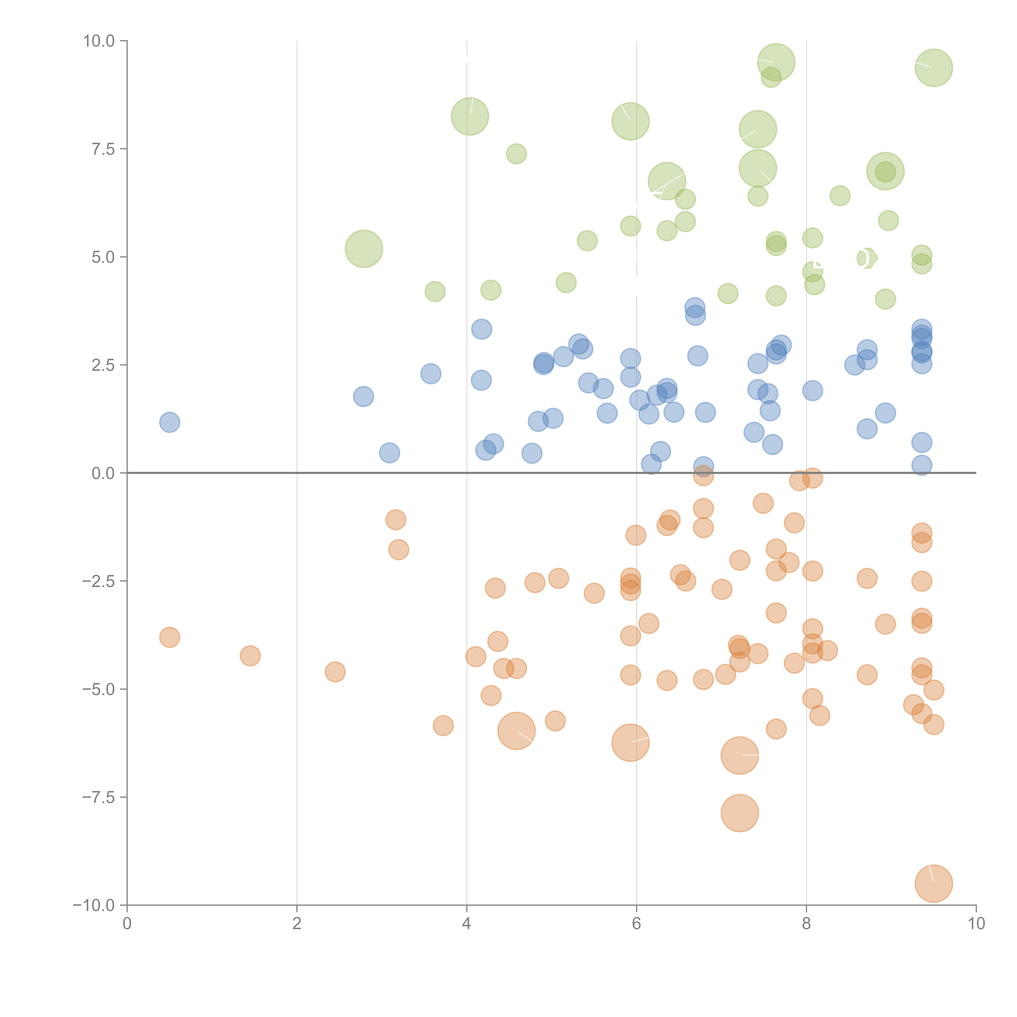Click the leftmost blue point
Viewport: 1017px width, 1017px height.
169,422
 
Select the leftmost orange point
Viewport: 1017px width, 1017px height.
169,637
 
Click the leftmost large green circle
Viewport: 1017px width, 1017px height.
364,249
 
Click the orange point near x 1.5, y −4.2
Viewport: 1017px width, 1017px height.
250,656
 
